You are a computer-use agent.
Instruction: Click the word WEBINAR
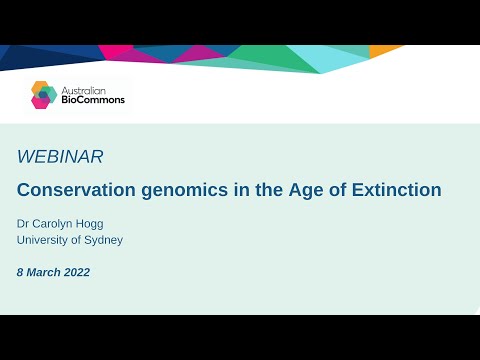[60, 156]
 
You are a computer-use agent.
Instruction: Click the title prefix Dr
[24, 223]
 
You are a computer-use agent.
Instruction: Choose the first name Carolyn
[57, 223]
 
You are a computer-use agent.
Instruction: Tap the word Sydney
[104, 240]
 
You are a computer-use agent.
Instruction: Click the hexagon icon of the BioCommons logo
[43, 94]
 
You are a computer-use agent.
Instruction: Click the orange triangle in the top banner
[382, 50]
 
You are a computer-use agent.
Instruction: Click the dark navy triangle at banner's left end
[20, 55]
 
